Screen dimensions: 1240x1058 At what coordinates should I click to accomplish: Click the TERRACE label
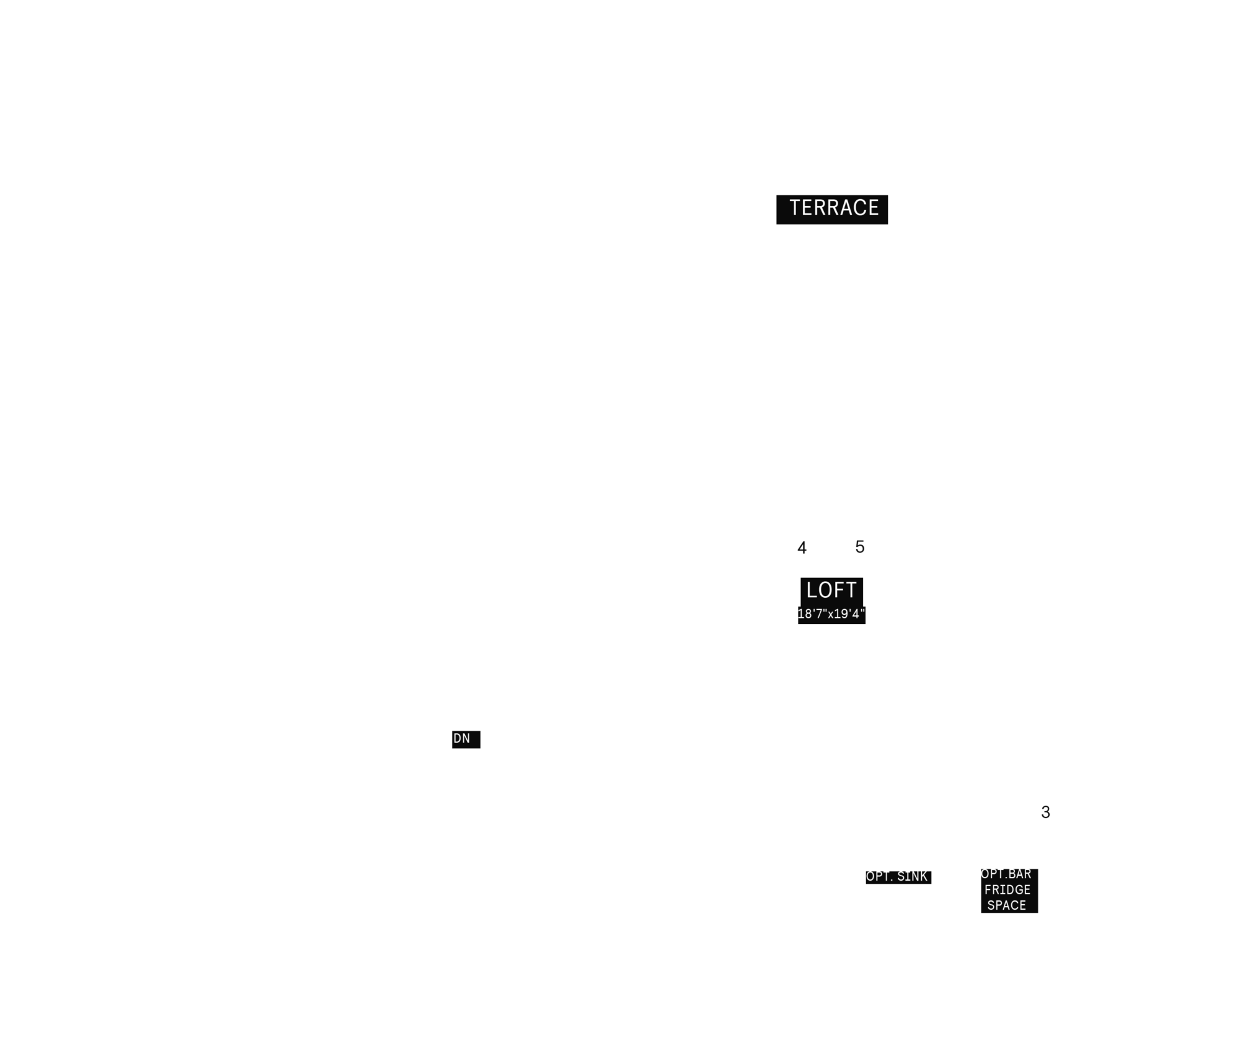pos(834,208)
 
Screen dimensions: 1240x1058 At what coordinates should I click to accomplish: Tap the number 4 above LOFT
pos(802,548)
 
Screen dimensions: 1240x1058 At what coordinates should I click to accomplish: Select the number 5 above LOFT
pos(859,547)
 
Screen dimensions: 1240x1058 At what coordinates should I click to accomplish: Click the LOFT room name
pos(831,590)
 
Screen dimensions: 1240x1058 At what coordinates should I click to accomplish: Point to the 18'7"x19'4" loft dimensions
pos(831,614)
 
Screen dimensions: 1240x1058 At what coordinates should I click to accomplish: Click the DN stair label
pos(462,739)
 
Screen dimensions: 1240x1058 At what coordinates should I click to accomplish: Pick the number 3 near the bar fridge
pos(1045,812)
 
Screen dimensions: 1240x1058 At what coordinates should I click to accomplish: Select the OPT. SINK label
pos(897,876)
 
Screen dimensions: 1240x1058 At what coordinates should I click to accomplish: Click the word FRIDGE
pos(1007,890)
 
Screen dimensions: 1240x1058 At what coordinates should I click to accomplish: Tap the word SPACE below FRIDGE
pos(1007,905)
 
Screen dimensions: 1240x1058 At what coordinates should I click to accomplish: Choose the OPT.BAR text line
pos(1006,874)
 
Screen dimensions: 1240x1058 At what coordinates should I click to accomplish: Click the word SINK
pos(912,876)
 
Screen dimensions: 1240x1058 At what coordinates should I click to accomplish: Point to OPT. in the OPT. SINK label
pos(879,876)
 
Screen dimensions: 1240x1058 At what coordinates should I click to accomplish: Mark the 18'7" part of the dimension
pos(812,614)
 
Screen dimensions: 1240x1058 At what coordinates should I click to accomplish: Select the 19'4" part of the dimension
pos(850,614)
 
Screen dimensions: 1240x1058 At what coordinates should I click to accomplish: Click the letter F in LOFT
pos(839,590)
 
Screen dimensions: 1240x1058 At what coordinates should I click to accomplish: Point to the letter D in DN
pos(458,739)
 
